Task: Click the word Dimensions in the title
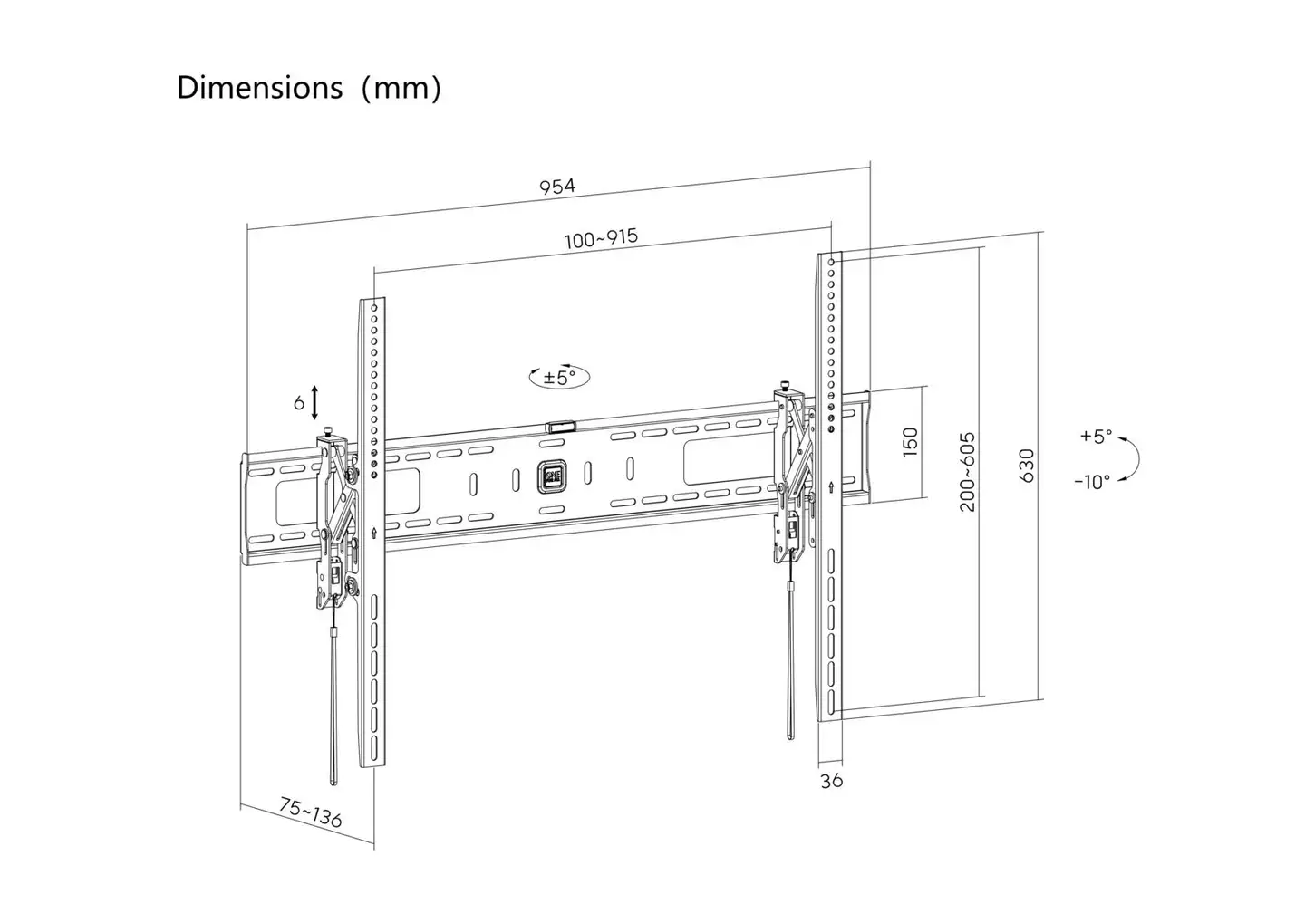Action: pos(260,88)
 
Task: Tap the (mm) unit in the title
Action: pos(401,89)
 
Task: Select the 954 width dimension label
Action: pos(557,187)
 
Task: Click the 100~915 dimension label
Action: pos(601,238)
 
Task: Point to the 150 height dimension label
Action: pos(910,442)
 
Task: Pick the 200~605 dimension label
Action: pos(967,472)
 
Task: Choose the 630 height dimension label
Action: pos(1026,466)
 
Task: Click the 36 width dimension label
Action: pos(831,781)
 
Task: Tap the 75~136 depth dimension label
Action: pos(311,812)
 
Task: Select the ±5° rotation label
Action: pos(559,378)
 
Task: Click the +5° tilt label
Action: pos(1096,436)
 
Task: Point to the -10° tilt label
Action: pos(1092,482)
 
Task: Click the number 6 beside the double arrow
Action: pos(299,402)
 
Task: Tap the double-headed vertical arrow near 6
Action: pos(314,402)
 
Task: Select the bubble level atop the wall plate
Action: pos(561,427)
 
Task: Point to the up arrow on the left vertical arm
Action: pos(374,533)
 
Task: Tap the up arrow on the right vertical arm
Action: pos(831,486)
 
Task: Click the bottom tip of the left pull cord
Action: pos(333,784)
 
